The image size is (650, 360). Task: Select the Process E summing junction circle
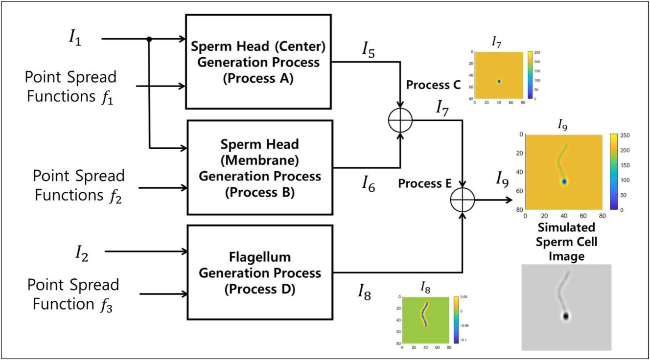click(463, 200)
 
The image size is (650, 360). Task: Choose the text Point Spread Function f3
click(73, 294)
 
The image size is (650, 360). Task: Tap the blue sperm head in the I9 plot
click(564, 181)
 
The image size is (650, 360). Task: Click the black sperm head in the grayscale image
click(566, 316)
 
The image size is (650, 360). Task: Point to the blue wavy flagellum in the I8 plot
click(424, 317)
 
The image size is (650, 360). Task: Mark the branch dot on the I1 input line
click(149, 38)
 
